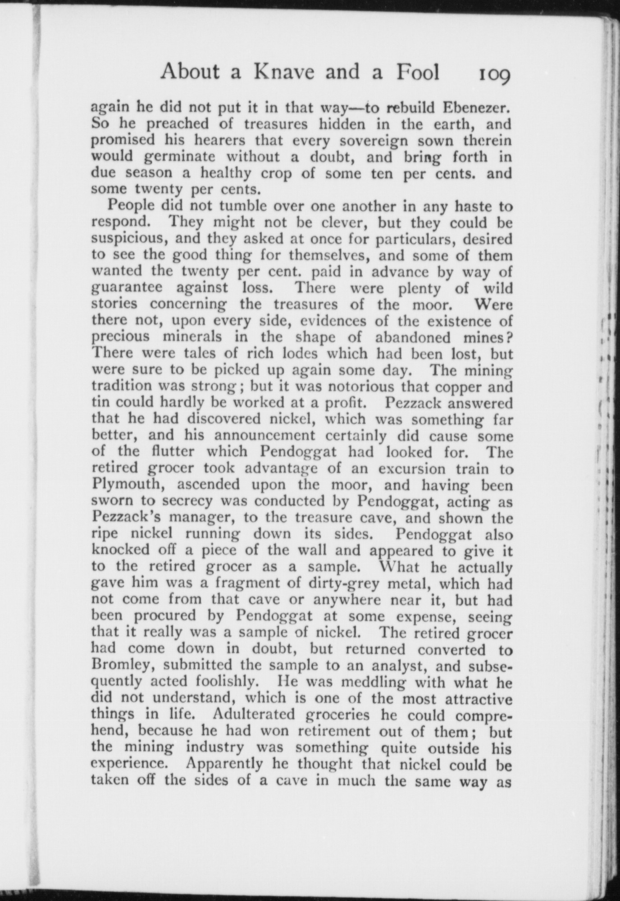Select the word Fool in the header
(x=418, y=72)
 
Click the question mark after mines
(x=509, y=337)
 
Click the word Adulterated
(x=261, y=715)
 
